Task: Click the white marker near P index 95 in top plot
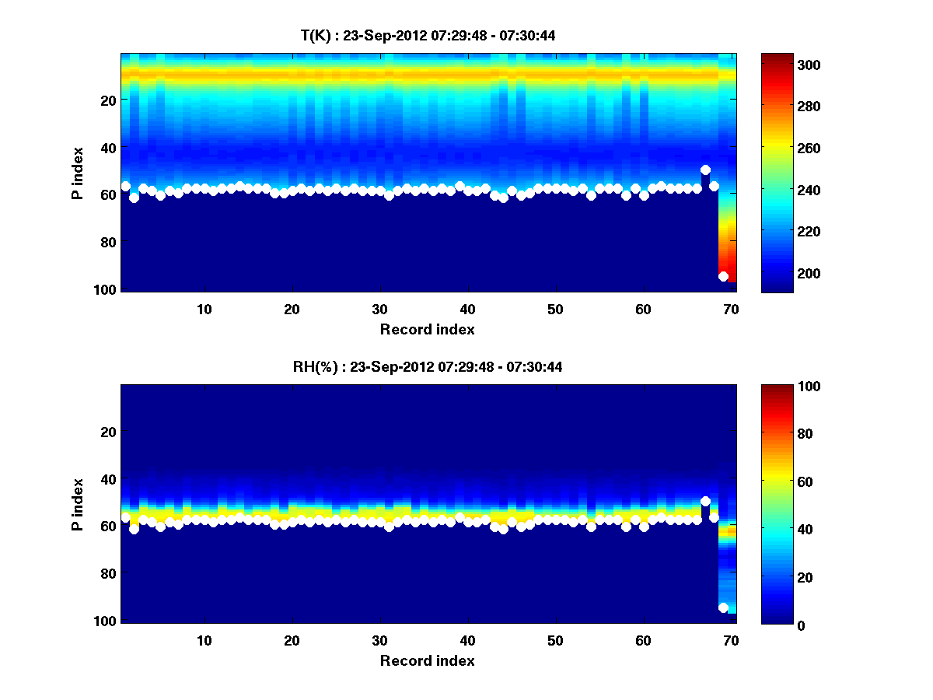coord(723,276)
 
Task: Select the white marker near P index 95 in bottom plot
coord(723,607)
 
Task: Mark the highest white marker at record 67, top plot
coord(705,170)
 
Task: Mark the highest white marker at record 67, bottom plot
coord(705,501)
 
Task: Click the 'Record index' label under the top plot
coord(427,329)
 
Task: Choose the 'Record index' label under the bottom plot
coord(427,660)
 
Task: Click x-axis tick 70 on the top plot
coord(731,309)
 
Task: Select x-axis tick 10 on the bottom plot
coord(204,640)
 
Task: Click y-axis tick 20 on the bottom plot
coord(109,432)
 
